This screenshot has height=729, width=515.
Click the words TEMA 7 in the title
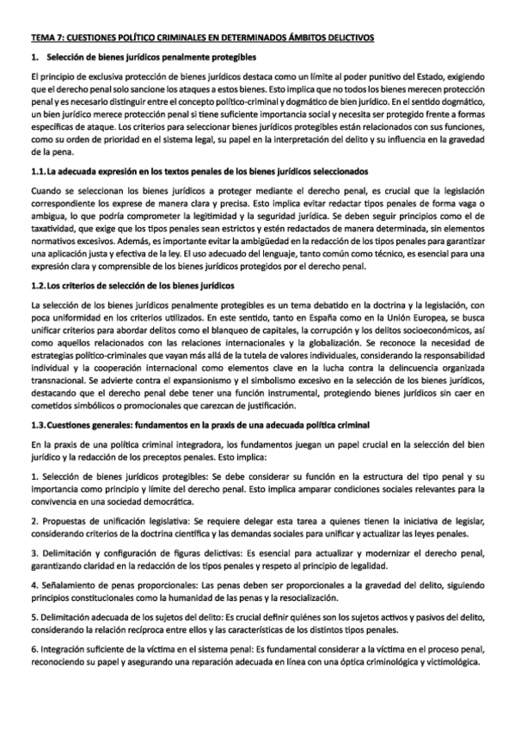[x=44, y=37]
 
